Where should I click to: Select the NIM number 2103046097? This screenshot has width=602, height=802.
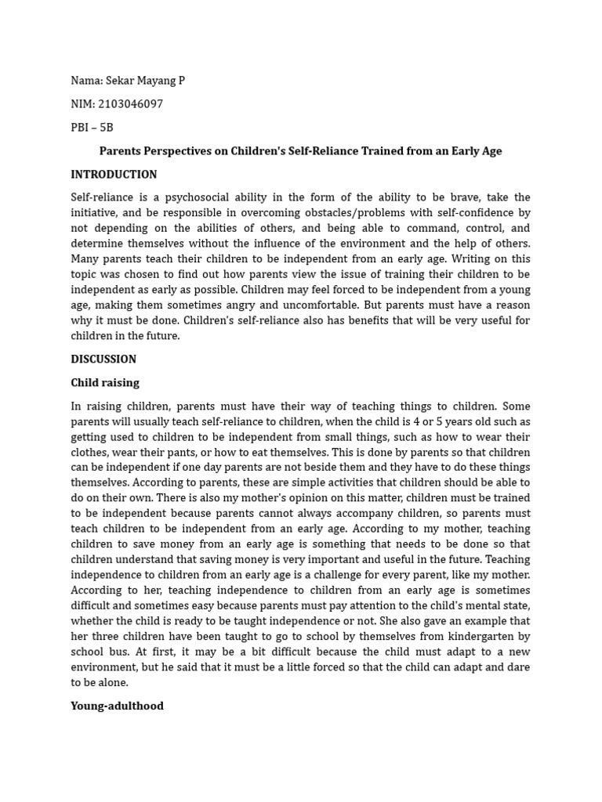131,104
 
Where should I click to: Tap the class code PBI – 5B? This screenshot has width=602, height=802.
92,128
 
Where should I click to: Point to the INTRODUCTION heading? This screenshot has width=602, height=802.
114,175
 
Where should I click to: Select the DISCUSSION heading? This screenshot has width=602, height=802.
103,359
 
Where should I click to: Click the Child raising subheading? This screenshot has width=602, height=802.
105,383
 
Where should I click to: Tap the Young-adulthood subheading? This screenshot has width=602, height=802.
117,706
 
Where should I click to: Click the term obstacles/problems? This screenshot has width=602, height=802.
339,213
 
